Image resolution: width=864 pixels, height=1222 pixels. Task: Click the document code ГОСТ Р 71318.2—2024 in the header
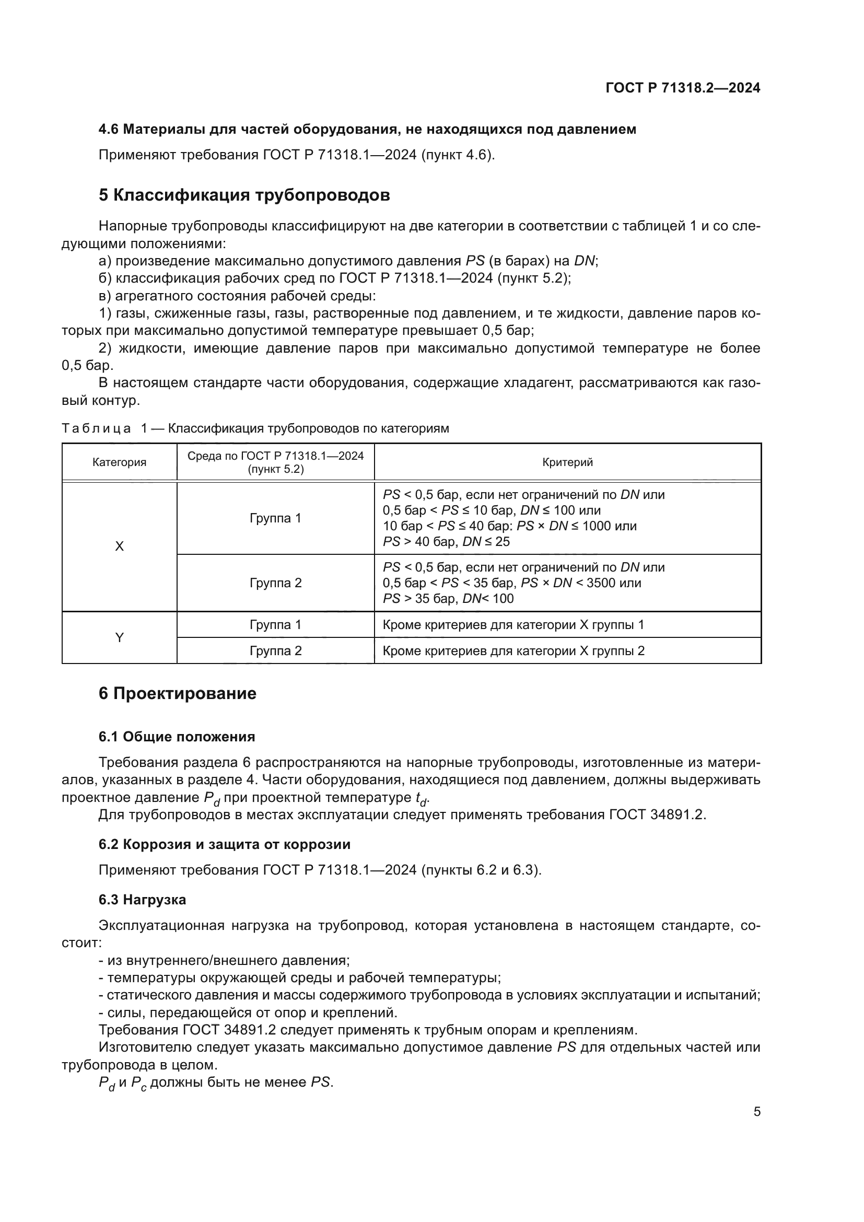pos(683,88)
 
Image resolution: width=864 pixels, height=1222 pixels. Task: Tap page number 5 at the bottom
pos(756,1111)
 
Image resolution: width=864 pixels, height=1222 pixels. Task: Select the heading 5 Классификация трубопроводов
pos(244,195)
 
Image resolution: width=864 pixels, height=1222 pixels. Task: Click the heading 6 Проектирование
pos(177,693)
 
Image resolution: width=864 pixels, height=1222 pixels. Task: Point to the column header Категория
pos(119,462)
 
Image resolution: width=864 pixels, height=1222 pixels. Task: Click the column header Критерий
pos(567,462)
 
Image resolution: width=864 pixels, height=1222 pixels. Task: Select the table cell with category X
pos(119,546)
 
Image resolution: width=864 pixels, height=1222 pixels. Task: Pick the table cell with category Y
pos(119,637)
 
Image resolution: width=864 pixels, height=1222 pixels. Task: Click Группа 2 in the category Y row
pos(276,650)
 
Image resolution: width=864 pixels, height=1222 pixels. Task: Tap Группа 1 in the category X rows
pos(276,518)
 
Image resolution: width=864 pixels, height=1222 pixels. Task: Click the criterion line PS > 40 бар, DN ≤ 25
pos(446,542)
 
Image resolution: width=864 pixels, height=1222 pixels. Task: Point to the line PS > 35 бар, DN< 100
pos(448,598)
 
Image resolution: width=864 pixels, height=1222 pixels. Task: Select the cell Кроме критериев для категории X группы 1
pos(513,624)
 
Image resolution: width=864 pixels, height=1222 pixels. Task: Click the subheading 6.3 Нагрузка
pos(142,900)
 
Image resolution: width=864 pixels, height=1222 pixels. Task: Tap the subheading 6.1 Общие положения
pos(177,737)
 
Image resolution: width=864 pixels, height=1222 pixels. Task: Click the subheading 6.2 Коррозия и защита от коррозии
pos(225,845)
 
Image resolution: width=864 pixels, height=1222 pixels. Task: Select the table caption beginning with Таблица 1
pos(255,428)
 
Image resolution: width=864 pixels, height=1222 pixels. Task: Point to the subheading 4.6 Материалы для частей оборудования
pos(367,130)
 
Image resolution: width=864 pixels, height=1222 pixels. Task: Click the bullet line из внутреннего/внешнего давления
pos(224,960)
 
